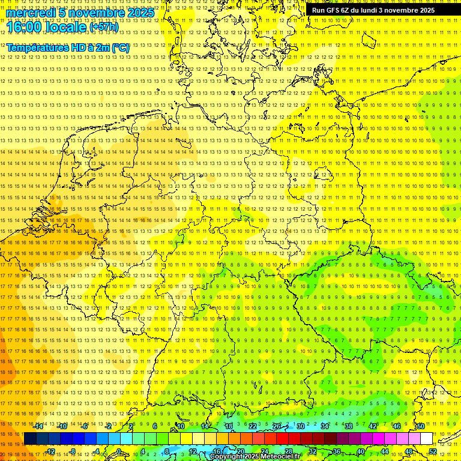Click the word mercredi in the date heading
click(x=32, y=13)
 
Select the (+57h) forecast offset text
click(x=104, y=27)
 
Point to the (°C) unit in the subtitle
click(x=121, y=47)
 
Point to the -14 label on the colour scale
click(x=38, y=426)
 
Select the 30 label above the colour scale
click(x=300, y=426)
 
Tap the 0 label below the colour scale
click(x=119, y=451)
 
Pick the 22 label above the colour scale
click(x=252, y=426)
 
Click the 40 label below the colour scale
click(x=360, y=451)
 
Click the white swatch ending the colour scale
click(x=426, y=439)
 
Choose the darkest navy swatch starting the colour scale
click(x=30, y=439)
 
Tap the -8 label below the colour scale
click(x=73, y=451)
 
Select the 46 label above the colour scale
click(x=396, y=426)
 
